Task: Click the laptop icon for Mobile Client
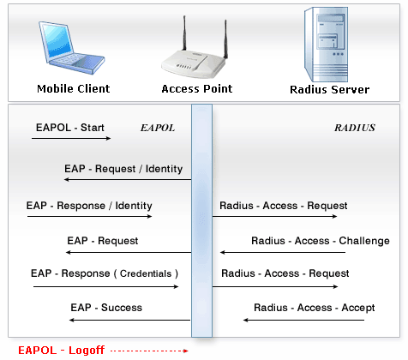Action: tap(71, 48)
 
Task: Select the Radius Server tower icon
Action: tap(326, 45)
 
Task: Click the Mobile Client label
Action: tap(74, 89)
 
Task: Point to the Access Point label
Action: tap(197, 89)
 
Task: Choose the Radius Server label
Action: tap(329, 90)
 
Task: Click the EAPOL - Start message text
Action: tap(70, 128)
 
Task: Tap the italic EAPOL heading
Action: tap(158, 128)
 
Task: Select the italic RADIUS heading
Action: tap(355, 128)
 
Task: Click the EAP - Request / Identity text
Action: tap(123, 169)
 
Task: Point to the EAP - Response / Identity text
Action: tap(89, 206)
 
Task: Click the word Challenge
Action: tap(364, 241)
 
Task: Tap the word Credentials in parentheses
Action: tap(146, 273)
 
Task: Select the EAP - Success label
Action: tap(106, 308)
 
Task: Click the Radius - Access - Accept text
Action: tap(315, 308)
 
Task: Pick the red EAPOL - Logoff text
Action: tap(62, 351)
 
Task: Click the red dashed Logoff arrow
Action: tap(149, 351)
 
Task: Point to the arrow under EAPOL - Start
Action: tap(71, 139)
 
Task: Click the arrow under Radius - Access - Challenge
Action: tap(283, 252)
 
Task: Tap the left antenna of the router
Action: tap(184, 33)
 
